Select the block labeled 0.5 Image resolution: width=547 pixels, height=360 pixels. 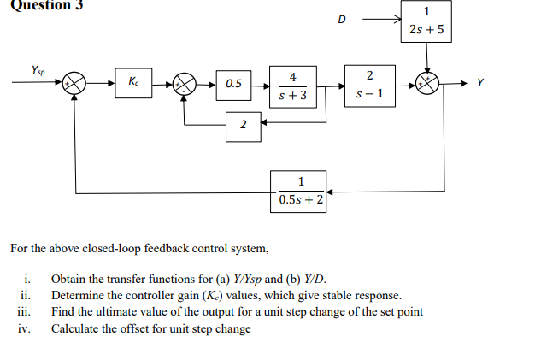point(233,84)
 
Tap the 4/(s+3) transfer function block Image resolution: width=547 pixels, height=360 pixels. point(293,84)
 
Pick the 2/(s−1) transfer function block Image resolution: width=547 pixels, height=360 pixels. point(368,84)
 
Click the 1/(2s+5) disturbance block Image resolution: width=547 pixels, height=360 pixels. point(426,21)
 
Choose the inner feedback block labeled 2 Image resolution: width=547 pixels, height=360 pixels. point(243,126)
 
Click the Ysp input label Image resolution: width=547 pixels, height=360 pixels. point(39,69)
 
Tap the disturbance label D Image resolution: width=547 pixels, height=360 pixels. point(343,19)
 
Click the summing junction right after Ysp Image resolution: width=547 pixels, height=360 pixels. point(77,84)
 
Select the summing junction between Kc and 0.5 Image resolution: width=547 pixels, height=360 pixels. point(184,84)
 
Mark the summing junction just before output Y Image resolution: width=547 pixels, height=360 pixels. point(428,83)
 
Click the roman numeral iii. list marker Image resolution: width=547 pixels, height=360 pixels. point(25,312)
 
